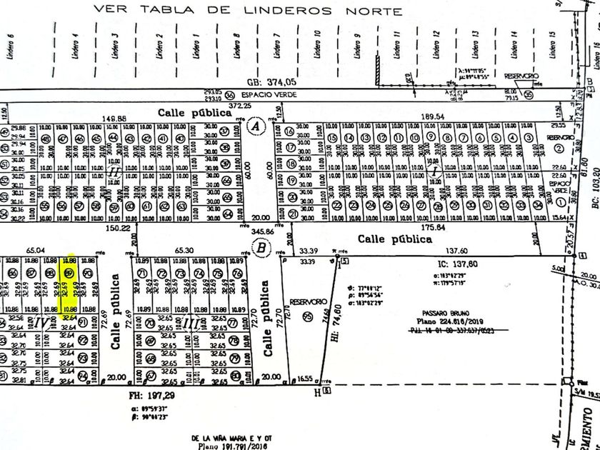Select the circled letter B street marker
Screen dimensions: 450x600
261,248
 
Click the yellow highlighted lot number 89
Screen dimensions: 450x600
69,273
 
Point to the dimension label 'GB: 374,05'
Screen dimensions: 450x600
269,82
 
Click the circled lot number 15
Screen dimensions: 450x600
332,138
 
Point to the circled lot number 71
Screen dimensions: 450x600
142,274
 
